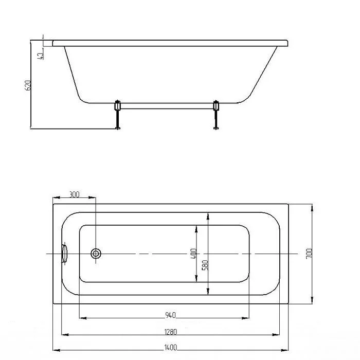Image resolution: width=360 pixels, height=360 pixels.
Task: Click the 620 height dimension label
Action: click(x=28, y=85)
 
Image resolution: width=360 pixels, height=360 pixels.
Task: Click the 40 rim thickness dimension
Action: click(x=40, y=56)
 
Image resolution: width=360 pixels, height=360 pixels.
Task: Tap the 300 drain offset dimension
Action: click(x=75, y=194)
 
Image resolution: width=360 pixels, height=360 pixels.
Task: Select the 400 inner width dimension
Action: click(x=194, y=254)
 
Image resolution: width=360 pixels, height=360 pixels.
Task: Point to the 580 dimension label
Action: click(x=205, y=265)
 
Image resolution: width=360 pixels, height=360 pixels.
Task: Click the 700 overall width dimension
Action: click(x=309, y=254)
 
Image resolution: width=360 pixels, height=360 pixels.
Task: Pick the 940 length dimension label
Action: click(x=170, y=315)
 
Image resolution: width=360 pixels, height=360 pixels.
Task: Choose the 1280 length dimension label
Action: click(x=171, y=332)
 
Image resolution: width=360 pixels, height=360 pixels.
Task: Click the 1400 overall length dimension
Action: click(x=171, y=348)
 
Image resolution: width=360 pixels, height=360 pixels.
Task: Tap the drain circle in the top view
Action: click(x=96, y=254)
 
